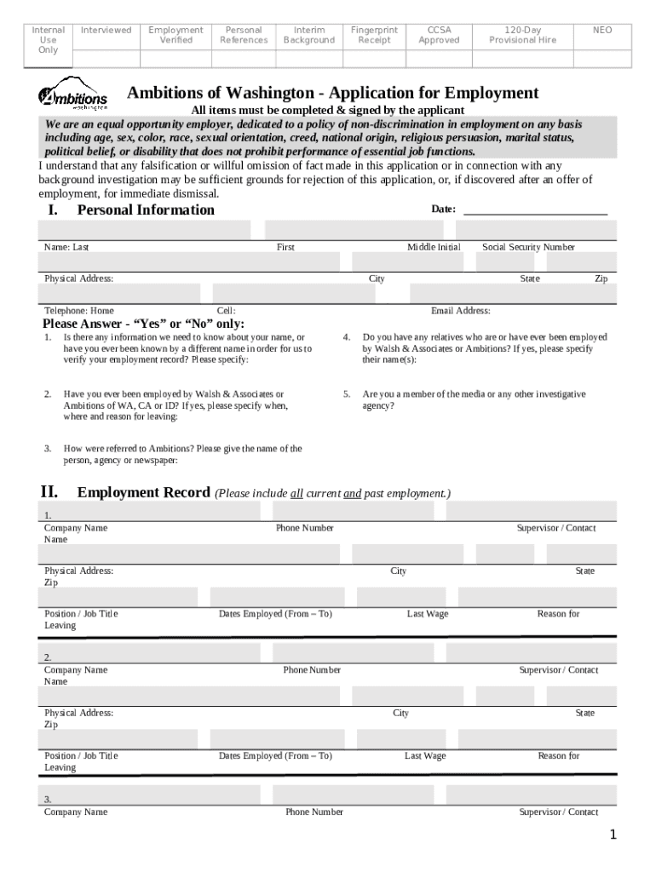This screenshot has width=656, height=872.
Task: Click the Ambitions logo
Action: coord(72,97)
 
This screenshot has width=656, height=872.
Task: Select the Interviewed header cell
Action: coord(106,31)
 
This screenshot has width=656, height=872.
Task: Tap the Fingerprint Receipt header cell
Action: coord(374,35)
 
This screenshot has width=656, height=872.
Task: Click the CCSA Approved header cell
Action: coord(439,35)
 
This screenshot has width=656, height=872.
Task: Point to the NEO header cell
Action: coord(602,31)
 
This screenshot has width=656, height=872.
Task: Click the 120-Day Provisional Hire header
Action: coord(522,35)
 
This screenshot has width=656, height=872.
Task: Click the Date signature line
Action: coord(534,210)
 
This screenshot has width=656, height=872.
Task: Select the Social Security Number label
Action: coord(528,247)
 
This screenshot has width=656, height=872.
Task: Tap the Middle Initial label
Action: coord(434,247)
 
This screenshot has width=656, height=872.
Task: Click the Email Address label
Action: coord(460,311)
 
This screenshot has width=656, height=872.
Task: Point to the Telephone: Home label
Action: coord(78,311)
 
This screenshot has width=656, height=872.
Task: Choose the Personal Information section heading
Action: coord(146,210)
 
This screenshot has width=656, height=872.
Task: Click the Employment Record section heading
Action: coord(143,492)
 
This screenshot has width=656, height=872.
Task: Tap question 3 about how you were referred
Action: coord(182,454)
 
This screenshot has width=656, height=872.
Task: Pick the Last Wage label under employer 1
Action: coord(427,614)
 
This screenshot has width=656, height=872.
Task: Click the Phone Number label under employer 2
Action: coord(312,670)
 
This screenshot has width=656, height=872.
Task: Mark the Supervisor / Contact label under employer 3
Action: coord(559,812)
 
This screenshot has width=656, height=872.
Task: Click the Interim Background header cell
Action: coord(308,35)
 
